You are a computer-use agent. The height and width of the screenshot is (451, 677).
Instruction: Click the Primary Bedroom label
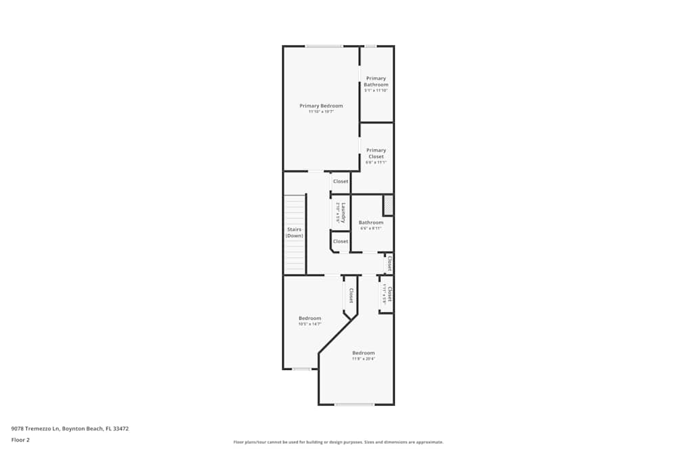coord(321,105)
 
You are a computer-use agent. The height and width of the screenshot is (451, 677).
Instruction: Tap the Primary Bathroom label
coord(376,81)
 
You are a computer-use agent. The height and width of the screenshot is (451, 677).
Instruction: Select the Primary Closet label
coord(376,153)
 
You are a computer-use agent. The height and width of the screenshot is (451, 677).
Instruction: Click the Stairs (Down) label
coord(294,233)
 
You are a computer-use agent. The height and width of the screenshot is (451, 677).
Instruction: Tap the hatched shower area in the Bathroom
coord(388,205)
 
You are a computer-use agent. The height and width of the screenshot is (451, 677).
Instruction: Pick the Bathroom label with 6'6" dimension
coord(371,222)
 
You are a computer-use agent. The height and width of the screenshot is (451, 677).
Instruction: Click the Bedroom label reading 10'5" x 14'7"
coord(310,318)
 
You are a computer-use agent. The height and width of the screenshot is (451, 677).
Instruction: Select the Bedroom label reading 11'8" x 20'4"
coord(363,353)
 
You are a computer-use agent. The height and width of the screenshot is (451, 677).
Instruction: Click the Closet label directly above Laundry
coord(341,181)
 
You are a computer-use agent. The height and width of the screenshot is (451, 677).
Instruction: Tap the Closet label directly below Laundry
coord(341,241)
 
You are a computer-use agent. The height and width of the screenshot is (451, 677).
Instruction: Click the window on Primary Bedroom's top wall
coord(324,46)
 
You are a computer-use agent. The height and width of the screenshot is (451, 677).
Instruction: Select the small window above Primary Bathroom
coord(370,46)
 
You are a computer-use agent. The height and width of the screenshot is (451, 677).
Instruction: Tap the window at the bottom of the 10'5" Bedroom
coord(301,369)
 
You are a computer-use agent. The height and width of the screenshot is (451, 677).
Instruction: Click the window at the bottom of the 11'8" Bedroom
coord(354,404)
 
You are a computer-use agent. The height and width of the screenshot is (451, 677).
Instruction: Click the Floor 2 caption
coord(20,440)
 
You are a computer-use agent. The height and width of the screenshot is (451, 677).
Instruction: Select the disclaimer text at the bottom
coord(338,442)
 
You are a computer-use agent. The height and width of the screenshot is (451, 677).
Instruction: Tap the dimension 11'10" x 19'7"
coord(321,112)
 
